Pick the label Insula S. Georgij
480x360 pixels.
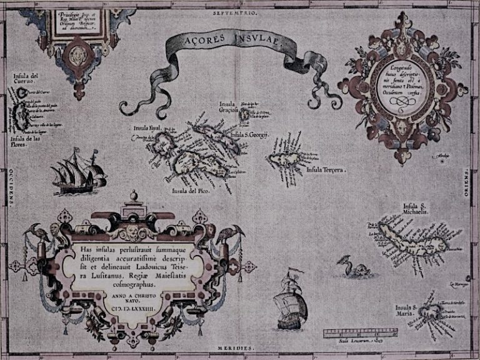pos(249,135)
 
